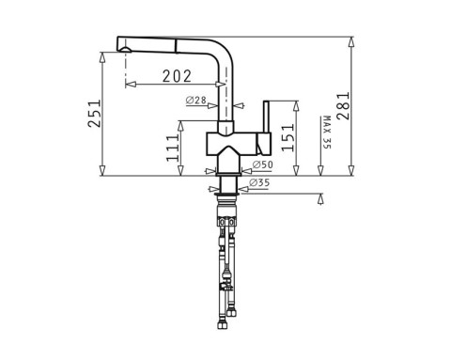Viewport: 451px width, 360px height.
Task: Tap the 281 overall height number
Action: (x=343, y=106)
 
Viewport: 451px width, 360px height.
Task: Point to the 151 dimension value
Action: (x=288, y=139)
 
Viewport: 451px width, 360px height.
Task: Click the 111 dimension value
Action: (x=171, y=149)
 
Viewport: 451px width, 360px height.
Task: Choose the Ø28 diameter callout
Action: (x=196, y=101)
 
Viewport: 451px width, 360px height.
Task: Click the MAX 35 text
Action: (x=326, y=133)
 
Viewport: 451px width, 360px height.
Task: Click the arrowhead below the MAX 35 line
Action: (x=320, y=199)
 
